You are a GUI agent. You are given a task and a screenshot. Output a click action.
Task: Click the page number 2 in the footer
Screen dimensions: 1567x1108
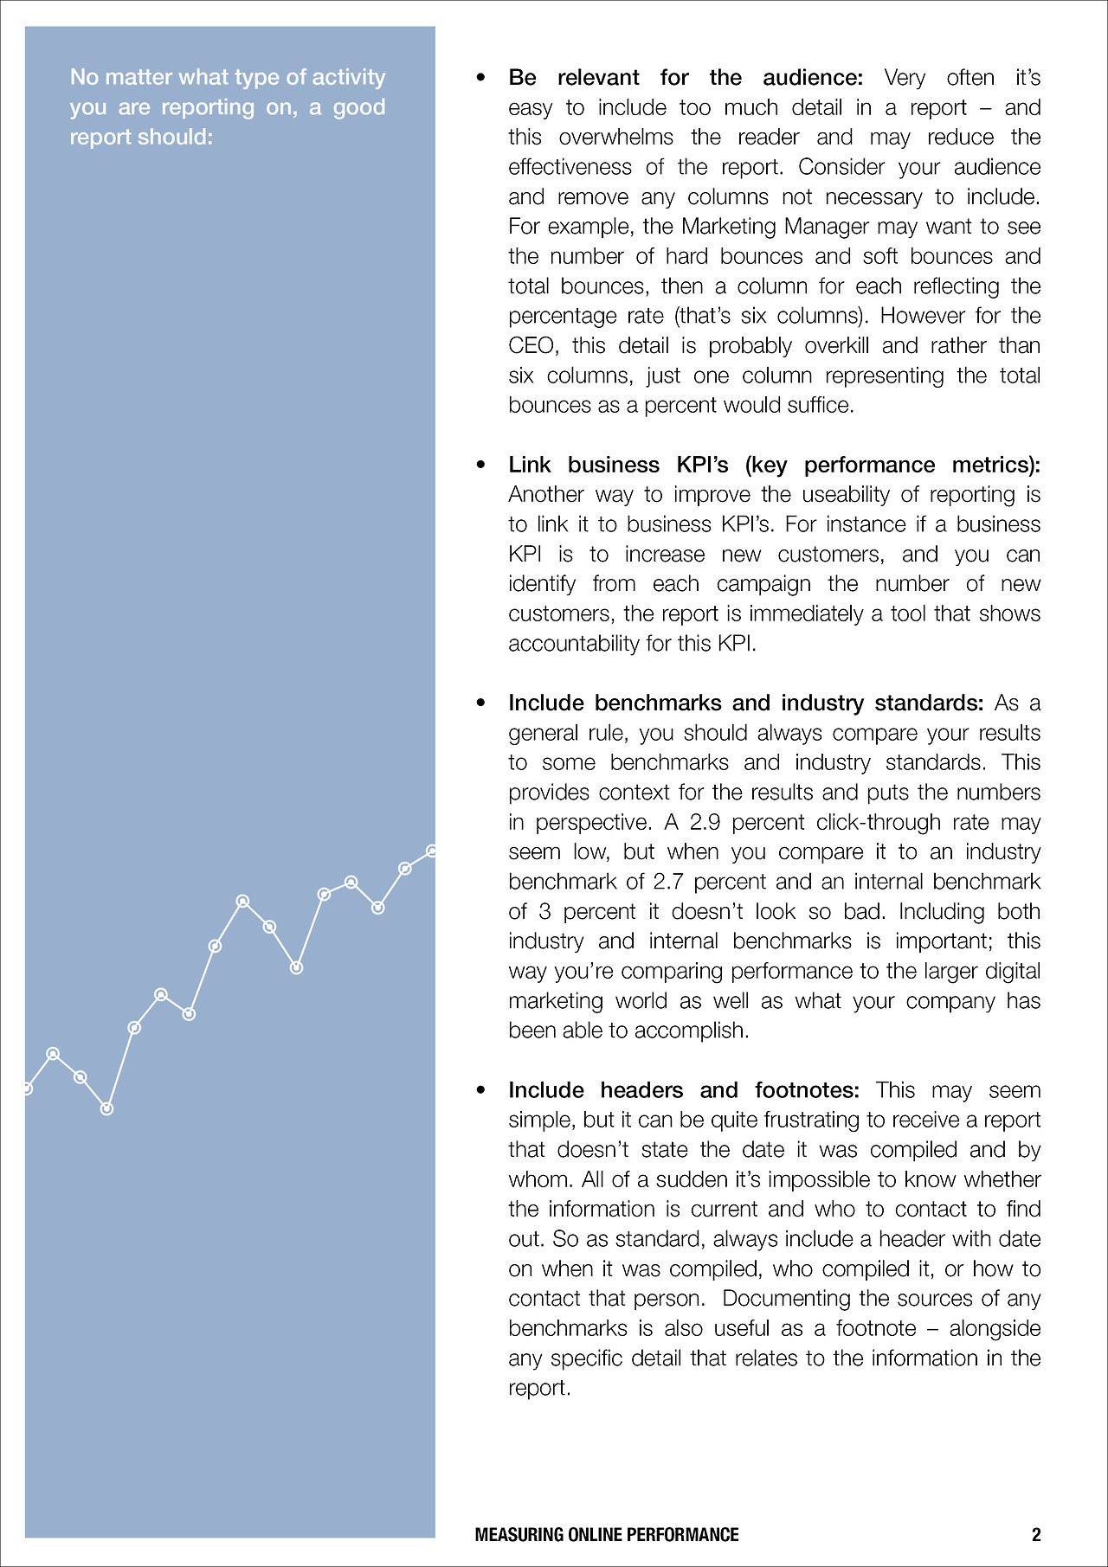coord(1036,1534)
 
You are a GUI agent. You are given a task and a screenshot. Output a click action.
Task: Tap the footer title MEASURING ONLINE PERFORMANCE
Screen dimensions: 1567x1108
coord(607,1534)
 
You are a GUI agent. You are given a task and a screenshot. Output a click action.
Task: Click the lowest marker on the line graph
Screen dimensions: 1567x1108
coord(106,1108)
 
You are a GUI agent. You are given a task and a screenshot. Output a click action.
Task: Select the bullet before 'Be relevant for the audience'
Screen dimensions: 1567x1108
coord(481,78)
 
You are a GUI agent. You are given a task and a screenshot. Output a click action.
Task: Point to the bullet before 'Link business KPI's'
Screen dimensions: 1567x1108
coord(481,466)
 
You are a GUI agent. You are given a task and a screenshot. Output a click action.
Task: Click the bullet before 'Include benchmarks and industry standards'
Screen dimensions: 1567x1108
coord(481,703)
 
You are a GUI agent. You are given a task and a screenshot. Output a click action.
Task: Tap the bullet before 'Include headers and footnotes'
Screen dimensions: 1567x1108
coord(481,1090)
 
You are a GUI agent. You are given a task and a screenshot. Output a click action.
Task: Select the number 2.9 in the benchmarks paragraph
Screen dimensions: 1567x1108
coord(705,822)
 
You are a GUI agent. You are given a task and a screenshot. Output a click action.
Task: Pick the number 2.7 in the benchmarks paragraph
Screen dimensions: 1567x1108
coord(668,882)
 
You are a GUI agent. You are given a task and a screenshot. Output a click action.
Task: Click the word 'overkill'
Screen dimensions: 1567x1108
coord(836,346)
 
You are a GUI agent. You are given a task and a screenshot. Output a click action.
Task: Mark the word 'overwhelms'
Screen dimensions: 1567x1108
coord(615,138)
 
